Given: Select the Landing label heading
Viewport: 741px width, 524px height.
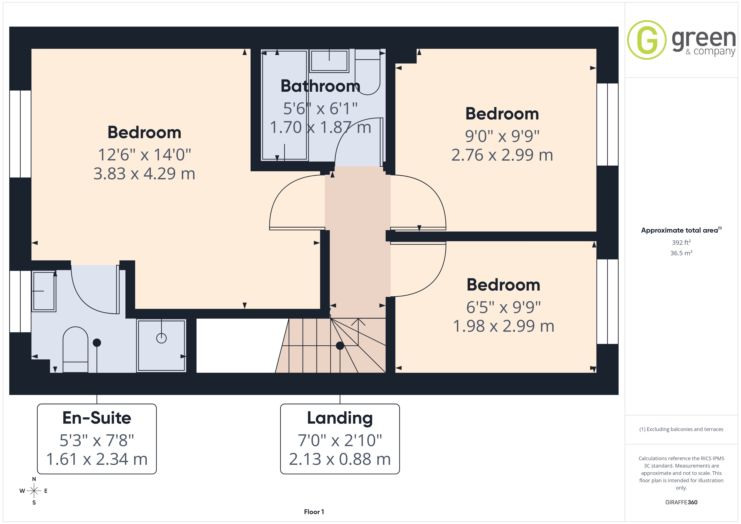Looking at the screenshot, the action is click(340, 418).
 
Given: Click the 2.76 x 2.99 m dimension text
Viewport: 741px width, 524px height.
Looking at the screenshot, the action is click(502, 155).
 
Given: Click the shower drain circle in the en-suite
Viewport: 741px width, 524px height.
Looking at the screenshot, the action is click(161, 338).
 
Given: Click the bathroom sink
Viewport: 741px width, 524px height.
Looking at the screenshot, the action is click(329, 61).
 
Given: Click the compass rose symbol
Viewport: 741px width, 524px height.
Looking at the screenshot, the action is click(34, 491).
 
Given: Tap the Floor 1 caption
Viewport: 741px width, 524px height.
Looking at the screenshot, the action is click(314, 512).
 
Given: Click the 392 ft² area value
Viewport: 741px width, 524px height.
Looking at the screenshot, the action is click(681, 242).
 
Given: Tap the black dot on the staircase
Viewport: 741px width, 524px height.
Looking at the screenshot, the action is click(340, 346).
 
